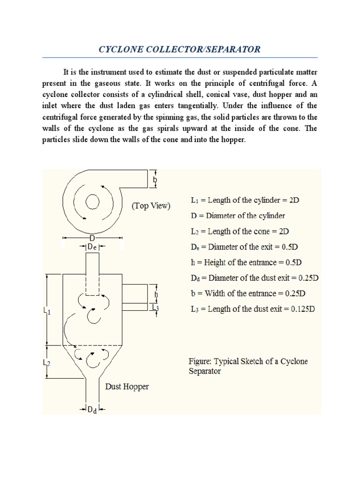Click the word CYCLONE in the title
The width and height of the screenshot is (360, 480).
click(120, 49)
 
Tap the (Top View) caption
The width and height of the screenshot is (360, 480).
click(151, 206)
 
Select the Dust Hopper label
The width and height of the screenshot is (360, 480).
click(127, 387)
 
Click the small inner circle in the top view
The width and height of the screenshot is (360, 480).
click(92, 202)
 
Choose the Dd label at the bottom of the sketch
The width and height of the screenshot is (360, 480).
click(92, 410)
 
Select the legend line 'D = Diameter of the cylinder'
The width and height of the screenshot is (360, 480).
click(238, 216)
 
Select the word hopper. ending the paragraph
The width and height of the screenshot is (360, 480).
click(232, 140)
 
